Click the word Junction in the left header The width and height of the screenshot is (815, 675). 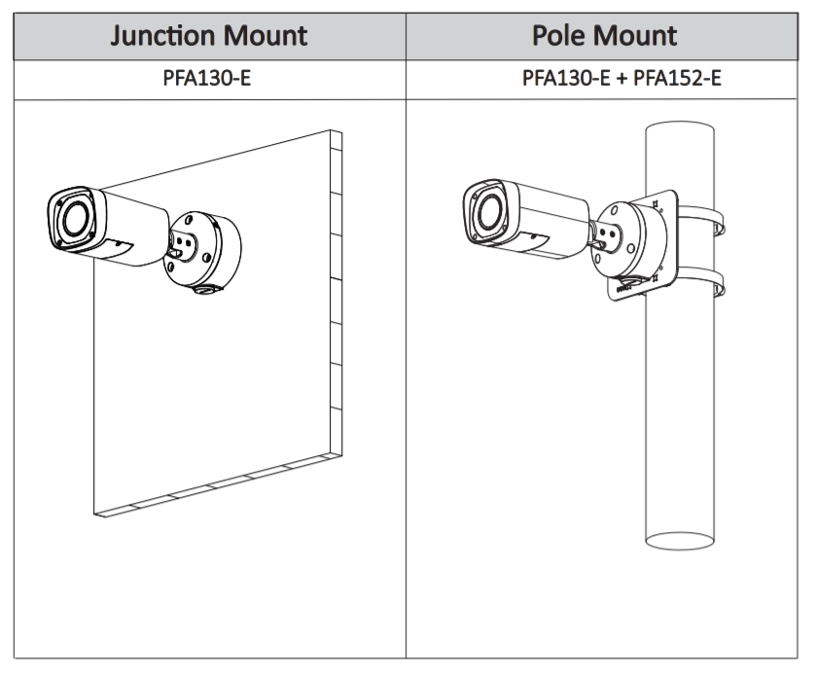point(162,36)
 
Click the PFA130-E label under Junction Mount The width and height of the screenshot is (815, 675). point(206,78)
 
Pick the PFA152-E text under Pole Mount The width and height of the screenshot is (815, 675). point(677,78)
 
